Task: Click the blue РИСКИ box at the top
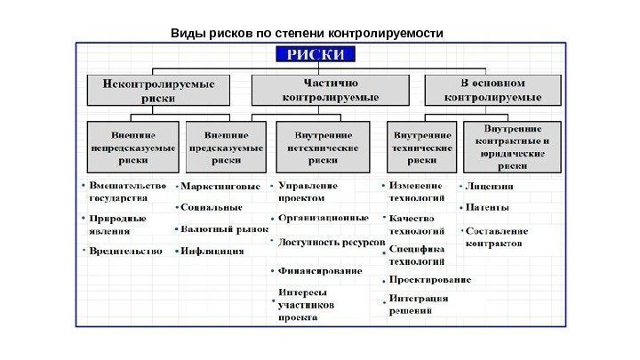(319, 55)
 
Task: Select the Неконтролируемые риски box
(157, 91)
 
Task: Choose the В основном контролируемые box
(492, 91)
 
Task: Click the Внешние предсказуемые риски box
(226, 147)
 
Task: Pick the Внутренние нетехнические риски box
(323, 147)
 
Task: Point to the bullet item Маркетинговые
(220, 187)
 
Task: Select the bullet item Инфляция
(212, 252)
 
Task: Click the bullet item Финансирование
(320, 270)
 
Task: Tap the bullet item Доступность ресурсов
(331, 242)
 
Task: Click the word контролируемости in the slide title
(386, 34)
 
